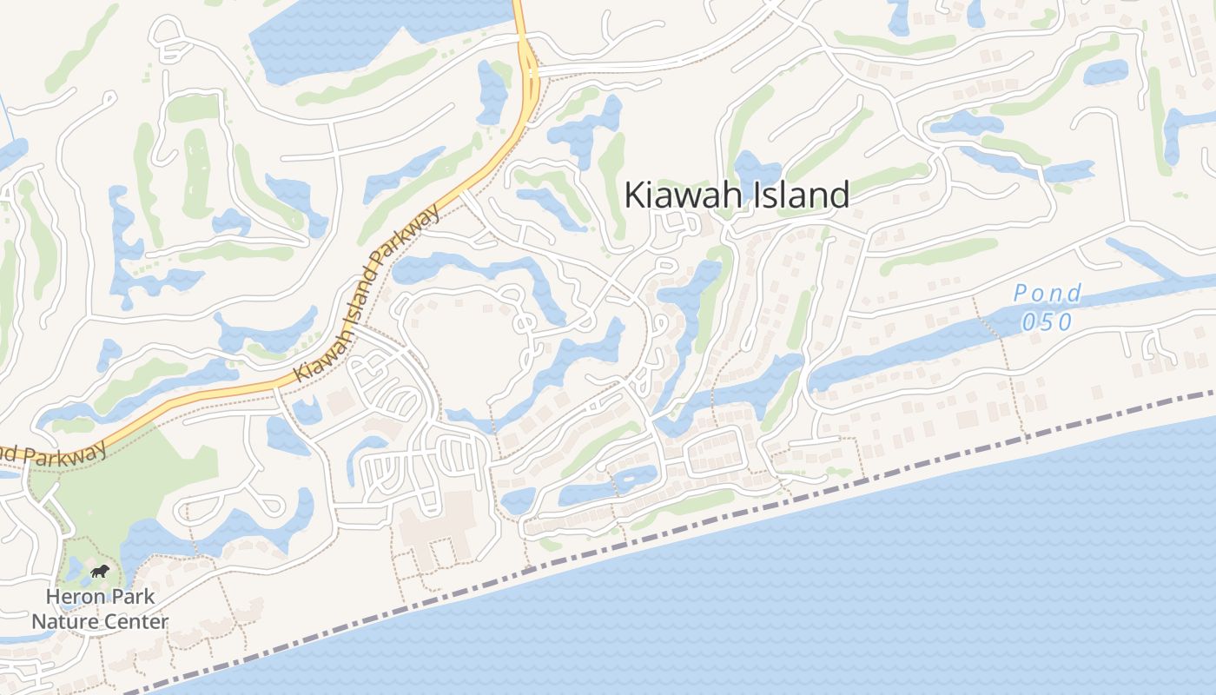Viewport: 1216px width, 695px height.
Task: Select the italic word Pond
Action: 1047,294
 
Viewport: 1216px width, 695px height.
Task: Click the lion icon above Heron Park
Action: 100,572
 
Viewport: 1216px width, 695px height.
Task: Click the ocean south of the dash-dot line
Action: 869,591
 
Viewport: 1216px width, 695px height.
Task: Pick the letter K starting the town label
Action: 636,195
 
